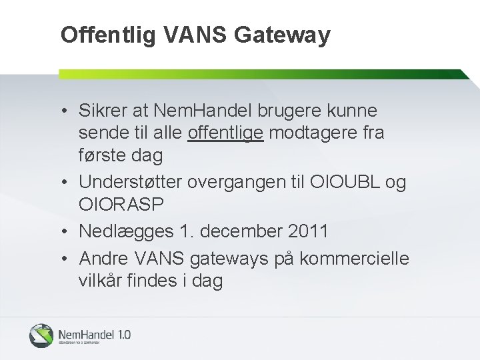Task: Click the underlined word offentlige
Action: coord(227,133)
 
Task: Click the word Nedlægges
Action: coord(127,232)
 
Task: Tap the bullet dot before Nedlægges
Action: coord(69,232)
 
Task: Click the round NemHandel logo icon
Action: coord(41,335)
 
